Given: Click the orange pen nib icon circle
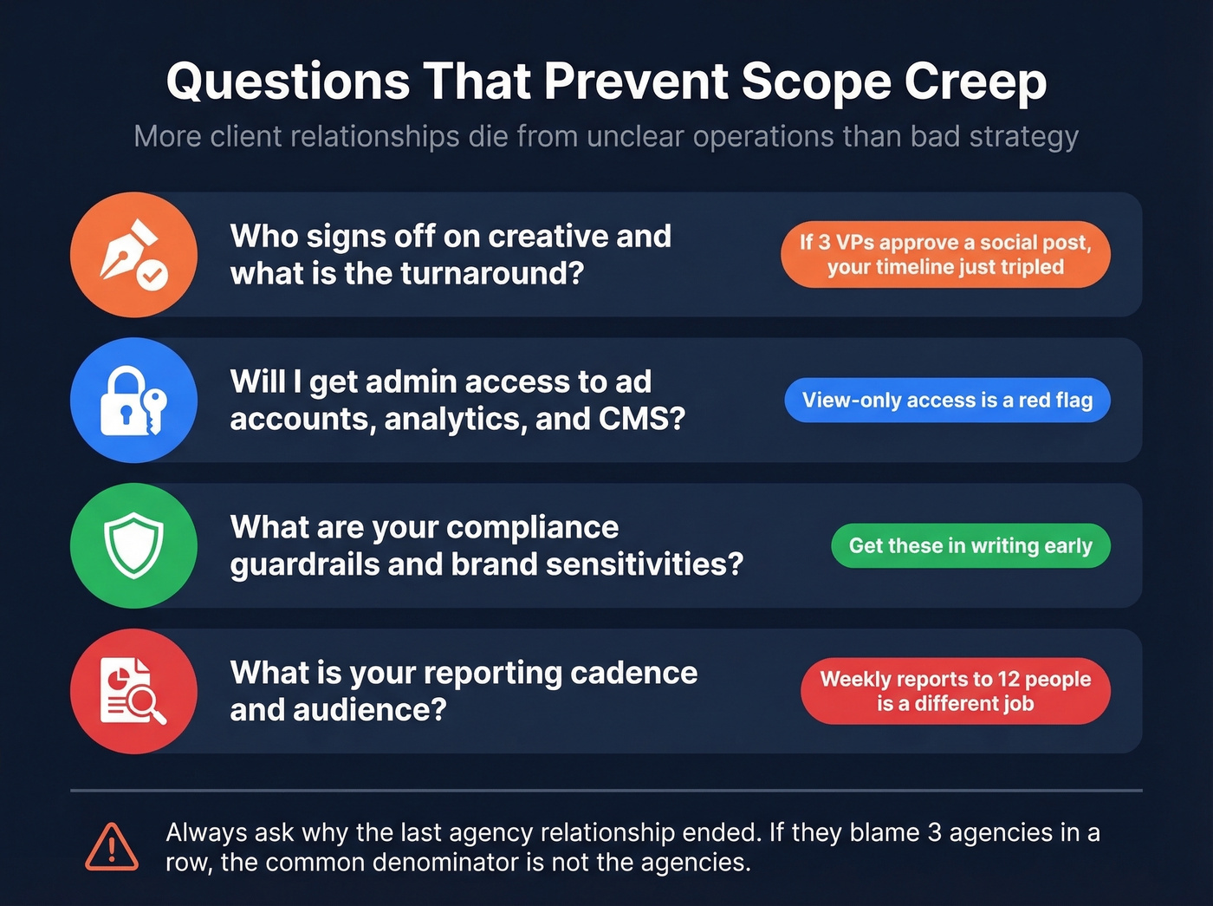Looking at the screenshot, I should [x=133, y=255].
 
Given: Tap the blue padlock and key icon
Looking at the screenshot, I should [x=133, y=400].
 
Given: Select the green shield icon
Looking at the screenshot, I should [x=133, y=545].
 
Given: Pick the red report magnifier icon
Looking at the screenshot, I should [x=133, y=691].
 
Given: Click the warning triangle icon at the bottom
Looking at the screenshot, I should [x=112, y=847].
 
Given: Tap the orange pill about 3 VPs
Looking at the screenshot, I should [x=945, y=255].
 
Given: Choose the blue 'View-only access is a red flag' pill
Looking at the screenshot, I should [x=947, y=400].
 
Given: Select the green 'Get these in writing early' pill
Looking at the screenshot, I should [x=970, y=545].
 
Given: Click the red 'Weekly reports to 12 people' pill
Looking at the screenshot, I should [x=955, y=691].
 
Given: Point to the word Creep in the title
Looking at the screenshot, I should [x=976, y=81].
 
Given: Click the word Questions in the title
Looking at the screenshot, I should [x=288, y=81].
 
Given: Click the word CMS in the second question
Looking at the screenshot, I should [x=641, y=419].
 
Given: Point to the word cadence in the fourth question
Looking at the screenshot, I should [x=633, y=673].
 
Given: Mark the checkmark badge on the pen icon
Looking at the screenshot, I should [x=152, y=277].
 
